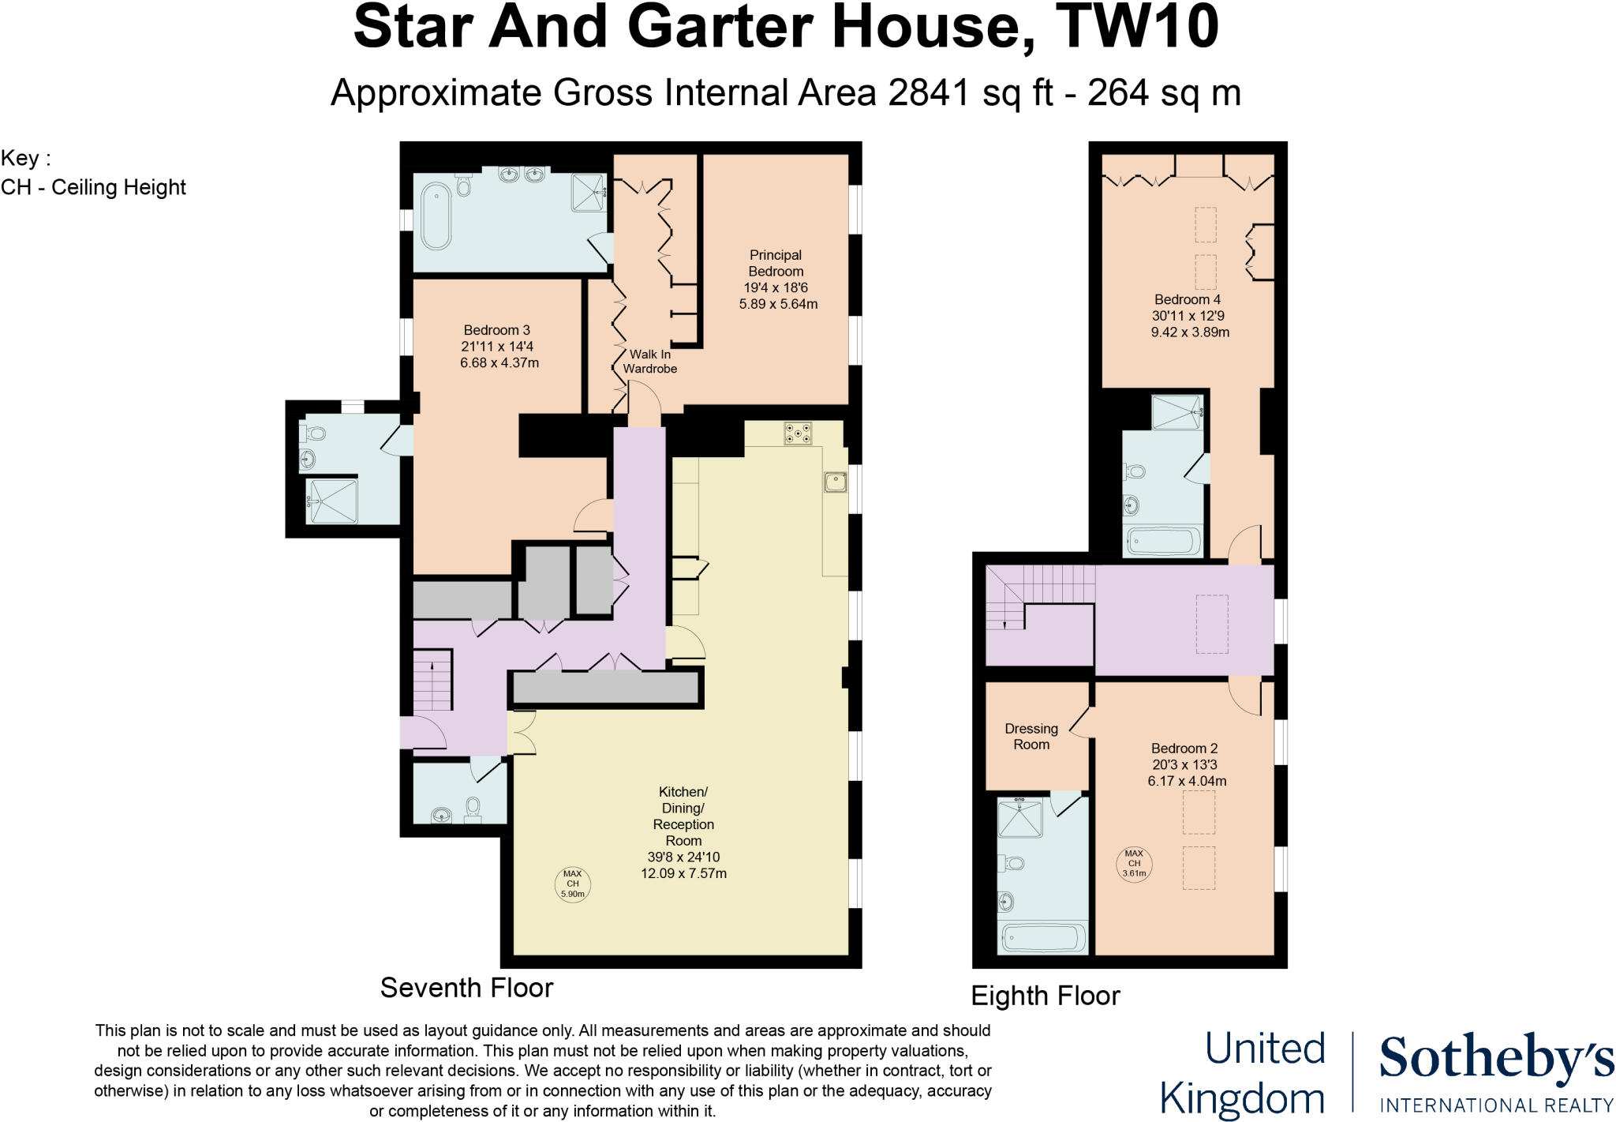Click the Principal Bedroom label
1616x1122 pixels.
click(776, 263)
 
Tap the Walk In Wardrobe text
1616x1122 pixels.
click(649, 362)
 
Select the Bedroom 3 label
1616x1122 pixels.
click(496, 330)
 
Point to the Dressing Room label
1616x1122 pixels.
click(1031, 737)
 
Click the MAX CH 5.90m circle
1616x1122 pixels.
click(573, 884)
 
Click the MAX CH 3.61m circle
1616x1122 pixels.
click(1134, 864)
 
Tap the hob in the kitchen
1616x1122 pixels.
click(799, 433)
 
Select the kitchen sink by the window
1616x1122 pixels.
click(835, 482)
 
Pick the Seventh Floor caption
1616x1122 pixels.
click(466, 988)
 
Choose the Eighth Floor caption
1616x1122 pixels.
click(1045, 996)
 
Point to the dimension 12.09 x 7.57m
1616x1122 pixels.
click(683, 873)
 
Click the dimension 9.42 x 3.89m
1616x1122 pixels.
click(1190, 332)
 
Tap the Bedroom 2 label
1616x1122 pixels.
click(1184, 749)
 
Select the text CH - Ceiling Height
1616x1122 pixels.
click(93, 188)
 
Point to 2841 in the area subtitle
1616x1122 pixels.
click(928, 93)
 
